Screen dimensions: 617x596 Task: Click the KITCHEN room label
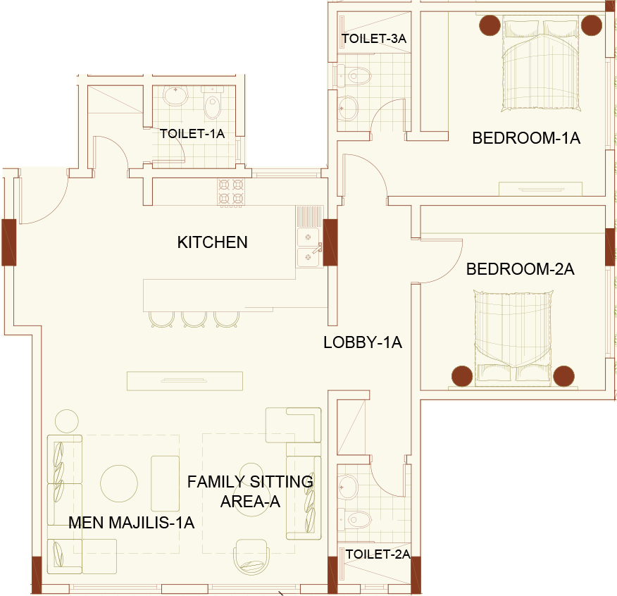(x=213, y=242)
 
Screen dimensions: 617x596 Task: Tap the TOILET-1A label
(x=192, y=134)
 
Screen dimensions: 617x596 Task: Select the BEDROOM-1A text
(x=526, y=138)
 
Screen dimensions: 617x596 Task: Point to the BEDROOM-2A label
(x=521, y=269)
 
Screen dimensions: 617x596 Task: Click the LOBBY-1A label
(x=363, y=342)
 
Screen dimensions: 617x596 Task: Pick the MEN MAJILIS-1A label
(x=132, y=523)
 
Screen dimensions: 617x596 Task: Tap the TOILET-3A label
(x=374, y=39)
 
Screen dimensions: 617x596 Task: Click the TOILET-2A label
(x=378, y=554)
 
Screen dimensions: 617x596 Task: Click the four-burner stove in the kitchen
(x=231, y=192)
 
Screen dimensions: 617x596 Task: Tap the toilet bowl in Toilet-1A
(x=213, y=104)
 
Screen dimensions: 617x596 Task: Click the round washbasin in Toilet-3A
(x=348, y=108)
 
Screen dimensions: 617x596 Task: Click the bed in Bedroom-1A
(x=541, y=64)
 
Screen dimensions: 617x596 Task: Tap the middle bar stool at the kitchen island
(x=194, y=319)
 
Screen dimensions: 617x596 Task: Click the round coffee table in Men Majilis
(x=119, y=483)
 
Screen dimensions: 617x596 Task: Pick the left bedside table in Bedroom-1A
(x=490, y=25)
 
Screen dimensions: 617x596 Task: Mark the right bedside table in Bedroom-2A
(x=563, y=376)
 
